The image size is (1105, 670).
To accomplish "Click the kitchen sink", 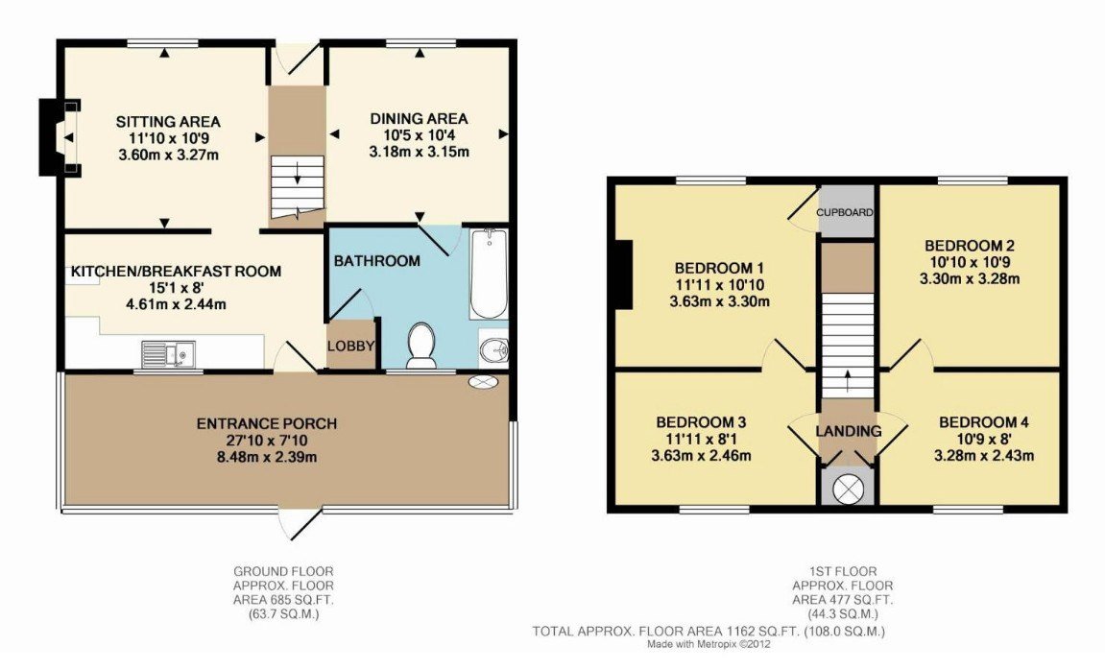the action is pyautogui.click(x=168, y=354).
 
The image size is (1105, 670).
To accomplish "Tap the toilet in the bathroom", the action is pyautogui.click(x=421, y=346).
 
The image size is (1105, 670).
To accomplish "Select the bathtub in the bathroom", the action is pyautogui.click(x=489, y=275).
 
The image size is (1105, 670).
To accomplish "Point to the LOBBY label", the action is pyautogui.click(x=351, y=346).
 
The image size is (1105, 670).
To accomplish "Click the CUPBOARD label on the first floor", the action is pyautogui.click(x=845, y=212).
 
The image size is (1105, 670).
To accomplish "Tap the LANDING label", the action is pyautogui.click(x=849, y=431).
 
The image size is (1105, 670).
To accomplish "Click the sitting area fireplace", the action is pyautogui.click(x=60, y=137).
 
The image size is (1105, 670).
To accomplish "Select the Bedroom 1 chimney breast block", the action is pyautogui.click(x=623, y=275).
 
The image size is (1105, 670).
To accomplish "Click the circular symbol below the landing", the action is pyautogui.click(x=848, y=489).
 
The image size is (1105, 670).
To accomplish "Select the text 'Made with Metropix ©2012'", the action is pyautogui.click(x=709, y=644).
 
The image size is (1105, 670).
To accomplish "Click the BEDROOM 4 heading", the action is pyautogui.click(x=984, y=422).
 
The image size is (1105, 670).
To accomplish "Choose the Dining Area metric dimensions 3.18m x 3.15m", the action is pyautogui.click(x=420, y=152).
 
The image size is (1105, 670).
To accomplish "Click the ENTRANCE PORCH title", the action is pyautogui.click(x=266, y=423).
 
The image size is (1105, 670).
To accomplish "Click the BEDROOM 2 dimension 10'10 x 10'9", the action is pyautogui.click(x=970, y=262).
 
